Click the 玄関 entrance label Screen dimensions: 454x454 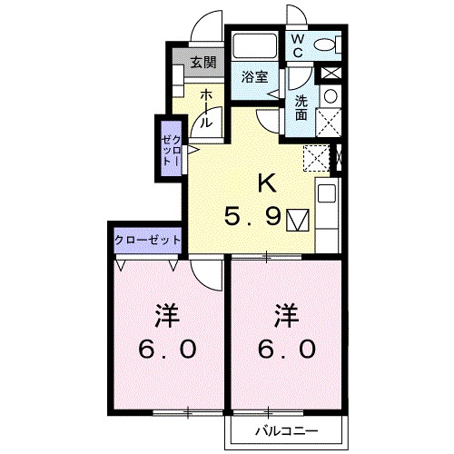203,63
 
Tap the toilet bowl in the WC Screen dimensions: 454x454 328,45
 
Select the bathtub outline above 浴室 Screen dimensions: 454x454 254,45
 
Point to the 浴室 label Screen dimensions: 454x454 254,77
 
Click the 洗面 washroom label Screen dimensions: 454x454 301,108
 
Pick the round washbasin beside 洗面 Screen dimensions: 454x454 331,96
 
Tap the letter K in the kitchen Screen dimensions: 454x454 267,183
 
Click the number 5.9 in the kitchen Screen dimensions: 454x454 252,217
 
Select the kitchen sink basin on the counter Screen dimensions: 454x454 326,193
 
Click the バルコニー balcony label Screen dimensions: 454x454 287,430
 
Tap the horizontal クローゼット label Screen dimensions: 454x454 148,241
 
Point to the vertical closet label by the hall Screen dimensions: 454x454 172,151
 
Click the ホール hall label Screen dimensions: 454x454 205,108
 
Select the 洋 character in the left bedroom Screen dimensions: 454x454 167,316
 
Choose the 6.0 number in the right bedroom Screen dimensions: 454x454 287,349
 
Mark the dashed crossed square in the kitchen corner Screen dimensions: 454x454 316,158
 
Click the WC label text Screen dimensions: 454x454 298,46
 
